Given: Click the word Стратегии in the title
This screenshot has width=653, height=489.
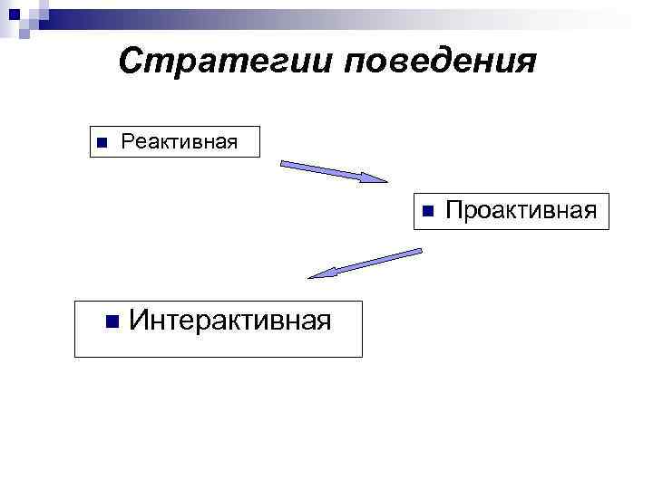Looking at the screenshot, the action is (x=226, y=62).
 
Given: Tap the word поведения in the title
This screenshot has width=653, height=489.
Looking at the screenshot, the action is (x=441, y=62).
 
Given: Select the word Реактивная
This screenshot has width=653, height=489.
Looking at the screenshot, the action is (x=179, y=141).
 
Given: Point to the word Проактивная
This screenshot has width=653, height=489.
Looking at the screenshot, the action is (x=521, y=211).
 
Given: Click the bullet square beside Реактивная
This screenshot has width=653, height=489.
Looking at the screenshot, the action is (x=102, y=142).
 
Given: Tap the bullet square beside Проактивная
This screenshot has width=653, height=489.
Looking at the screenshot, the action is (x=429, y=212).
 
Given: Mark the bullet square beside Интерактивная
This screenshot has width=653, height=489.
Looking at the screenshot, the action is (x=112, y=320).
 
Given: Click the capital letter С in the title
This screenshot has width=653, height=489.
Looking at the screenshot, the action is (x=132, y=62).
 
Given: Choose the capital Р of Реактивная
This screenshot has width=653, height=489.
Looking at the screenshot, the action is (x=127, y=141).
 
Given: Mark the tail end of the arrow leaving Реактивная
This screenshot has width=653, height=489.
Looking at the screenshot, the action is (x=284, y=164).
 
